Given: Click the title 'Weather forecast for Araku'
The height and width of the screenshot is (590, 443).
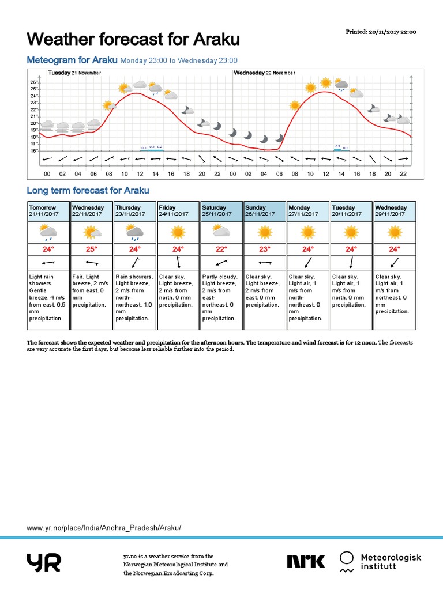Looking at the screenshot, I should [133, 40].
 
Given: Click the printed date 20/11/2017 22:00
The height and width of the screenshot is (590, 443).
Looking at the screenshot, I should [381, 32].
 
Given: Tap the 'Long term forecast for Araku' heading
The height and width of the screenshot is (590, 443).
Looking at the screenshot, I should [88, 190].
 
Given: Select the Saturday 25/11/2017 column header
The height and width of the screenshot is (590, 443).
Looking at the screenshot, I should [221, 211].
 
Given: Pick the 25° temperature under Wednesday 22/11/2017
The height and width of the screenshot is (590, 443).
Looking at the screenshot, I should [91, 249].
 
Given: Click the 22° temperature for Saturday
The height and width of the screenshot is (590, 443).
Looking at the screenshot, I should [221, 249].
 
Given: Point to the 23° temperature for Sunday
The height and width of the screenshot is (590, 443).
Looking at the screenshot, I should [265, 249].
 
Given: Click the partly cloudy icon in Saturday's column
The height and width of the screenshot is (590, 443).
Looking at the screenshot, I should [221, 232].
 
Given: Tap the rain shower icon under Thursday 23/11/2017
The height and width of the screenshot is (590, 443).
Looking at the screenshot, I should [134, 232].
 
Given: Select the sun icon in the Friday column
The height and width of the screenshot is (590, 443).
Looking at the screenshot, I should [178, 232].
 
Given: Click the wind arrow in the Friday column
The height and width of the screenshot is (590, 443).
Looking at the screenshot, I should [178, 263].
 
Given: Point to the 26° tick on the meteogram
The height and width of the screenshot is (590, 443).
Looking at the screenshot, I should [33, 82].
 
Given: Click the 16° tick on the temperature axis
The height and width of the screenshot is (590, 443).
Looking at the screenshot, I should [33, 150].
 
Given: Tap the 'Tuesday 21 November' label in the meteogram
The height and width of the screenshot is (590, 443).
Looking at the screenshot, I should [74, 73].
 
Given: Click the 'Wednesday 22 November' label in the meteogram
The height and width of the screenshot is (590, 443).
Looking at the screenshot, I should [265, 73].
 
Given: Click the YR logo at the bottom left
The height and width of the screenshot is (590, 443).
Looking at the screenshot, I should [43, 562].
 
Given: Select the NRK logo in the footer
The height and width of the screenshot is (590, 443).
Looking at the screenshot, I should [306, 561].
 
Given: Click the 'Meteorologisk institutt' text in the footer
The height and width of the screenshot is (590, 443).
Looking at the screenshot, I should [391, 562].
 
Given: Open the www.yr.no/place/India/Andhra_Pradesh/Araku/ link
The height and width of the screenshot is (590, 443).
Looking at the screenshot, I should [104, 528].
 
